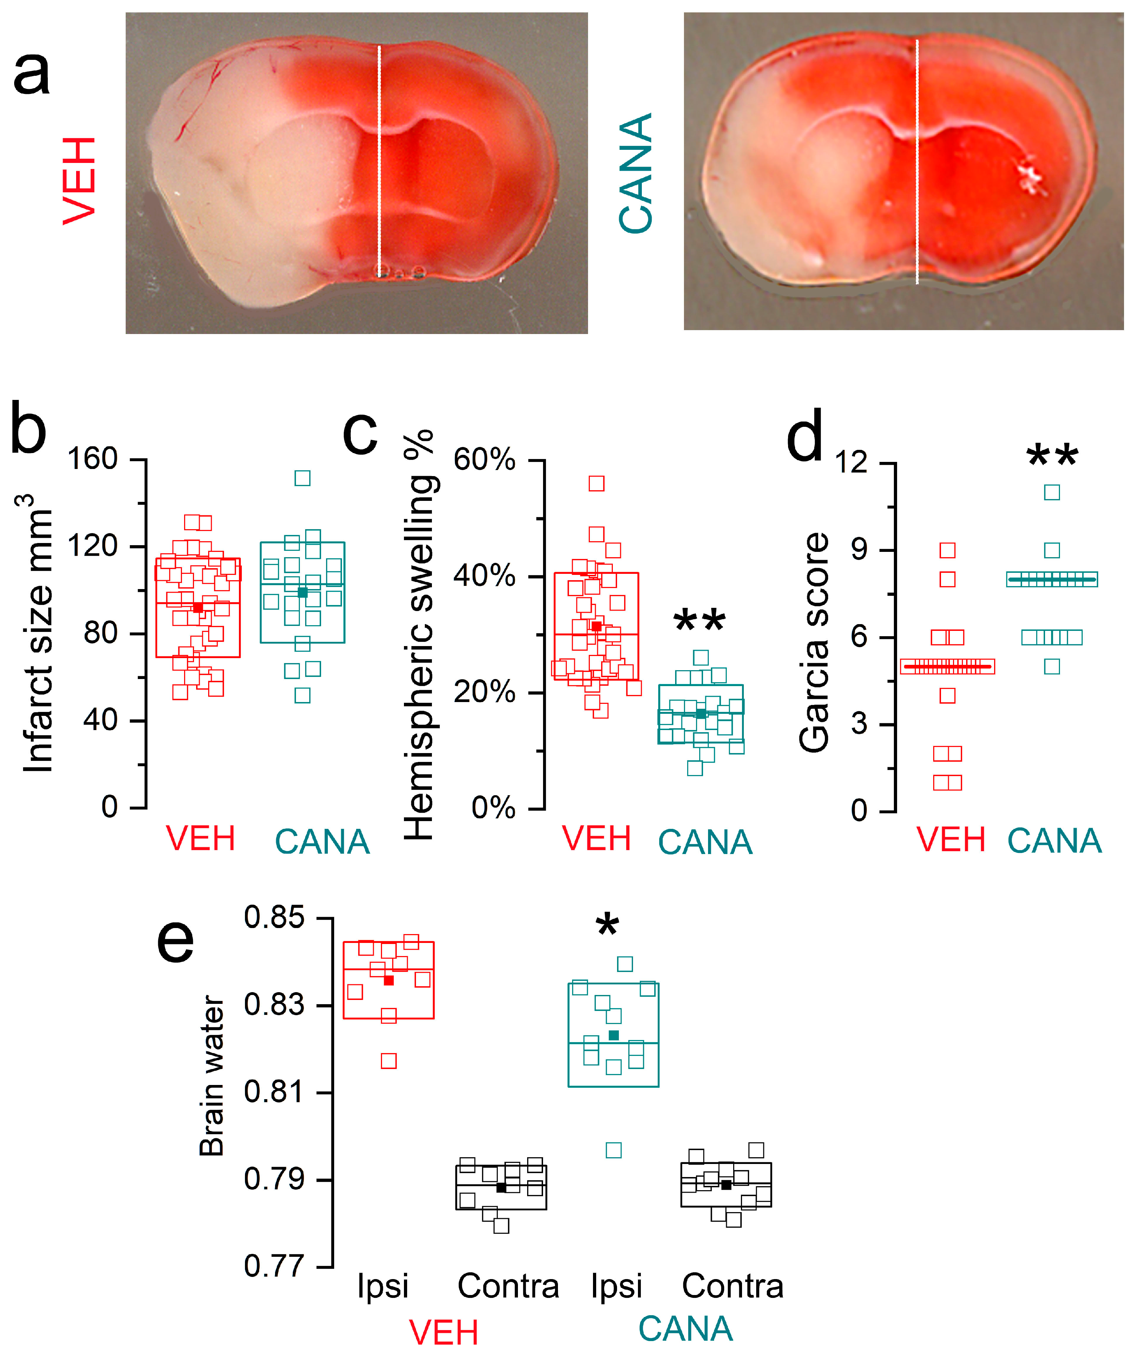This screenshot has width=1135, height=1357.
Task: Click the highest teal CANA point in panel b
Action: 302,478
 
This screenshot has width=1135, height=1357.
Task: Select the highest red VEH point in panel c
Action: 596,484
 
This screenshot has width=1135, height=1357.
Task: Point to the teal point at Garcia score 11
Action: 1052,492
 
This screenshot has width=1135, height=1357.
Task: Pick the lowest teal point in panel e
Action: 614,1150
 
